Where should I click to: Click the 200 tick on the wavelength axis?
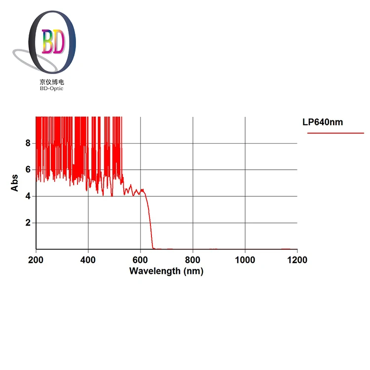36,259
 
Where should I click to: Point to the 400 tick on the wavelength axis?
88,259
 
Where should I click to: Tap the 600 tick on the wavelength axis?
141,259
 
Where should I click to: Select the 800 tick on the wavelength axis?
193,259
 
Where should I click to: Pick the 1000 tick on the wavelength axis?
245,259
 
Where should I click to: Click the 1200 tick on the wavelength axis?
297,259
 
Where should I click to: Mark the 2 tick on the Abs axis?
28,223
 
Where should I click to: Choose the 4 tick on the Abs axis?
28,196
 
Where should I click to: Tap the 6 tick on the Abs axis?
28,170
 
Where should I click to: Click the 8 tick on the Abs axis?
28,143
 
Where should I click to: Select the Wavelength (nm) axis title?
166,271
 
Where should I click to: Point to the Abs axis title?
15,183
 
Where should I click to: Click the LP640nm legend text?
323,122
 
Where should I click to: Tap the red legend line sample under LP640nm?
335,133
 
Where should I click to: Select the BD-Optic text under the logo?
52,88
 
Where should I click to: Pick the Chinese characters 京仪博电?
52,82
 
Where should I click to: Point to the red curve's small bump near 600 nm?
143,190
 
